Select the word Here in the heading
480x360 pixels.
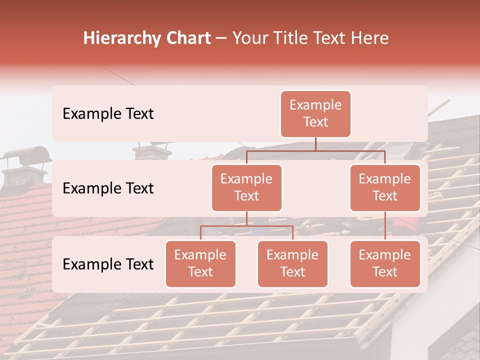point(370,38)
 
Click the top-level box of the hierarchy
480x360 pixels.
point(315,114)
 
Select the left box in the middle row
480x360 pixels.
point(246,188)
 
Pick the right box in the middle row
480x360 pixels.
point(385,188)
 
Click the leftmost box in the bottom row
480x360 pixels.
point(200,264)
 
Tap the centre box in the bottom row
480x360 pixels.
point(292,264)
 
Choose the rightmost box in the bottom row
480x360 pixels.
point(385,264)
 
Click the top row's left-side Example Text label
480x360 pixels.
point(108,114)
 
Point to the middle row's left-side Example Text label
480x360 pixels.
point(108,188)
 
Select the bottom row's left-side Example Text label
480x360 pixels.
point(108,264)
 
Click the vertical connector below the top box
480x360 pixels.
point(315,144)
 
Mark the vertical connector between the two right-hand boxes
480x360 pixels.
point(385,226)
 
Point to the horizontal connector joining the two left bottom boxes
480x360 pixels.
point(246,226)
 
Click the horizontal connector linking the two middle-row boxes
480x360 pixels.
point(315,150)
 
